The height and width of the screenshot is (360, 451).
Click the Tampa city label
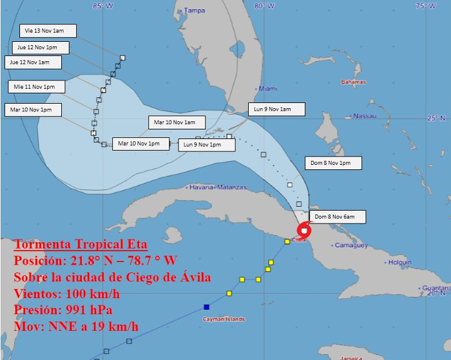(x=194, y=10)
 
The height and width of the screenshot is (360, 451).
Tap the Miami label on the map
(x=267, y=89)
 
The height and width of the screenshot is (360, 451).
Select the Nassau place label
(x=365, y=116)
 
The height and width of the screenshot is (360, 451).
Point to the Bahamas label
(x=354, y=82)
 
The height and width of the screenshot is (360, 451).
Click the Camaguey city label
(x=351, y=245)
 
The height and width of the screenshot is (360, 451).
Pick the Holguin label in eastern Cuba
(x=399, y=262)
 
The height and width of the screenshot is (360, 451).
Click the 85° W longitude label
(x=102, y=6)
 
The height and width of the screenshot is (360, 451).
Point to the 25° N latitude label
(x=436, y=118)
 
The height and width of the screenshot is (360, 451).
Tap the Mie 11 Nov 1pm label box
(x=35, y=86)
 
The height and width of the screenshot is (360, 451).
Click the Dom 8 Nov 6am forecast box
(x=331, y=216)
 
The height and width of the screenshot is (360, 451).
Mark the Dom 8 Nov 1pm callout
(x=330, y=163)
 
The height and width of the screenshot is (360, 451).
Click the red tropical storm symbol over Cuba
(x=304, y=230)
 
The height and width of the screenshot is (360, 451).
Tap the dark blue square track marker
(x=206, y=307)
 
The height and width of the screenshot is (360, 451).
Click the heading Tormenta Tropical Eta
(x=81, y=245)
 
